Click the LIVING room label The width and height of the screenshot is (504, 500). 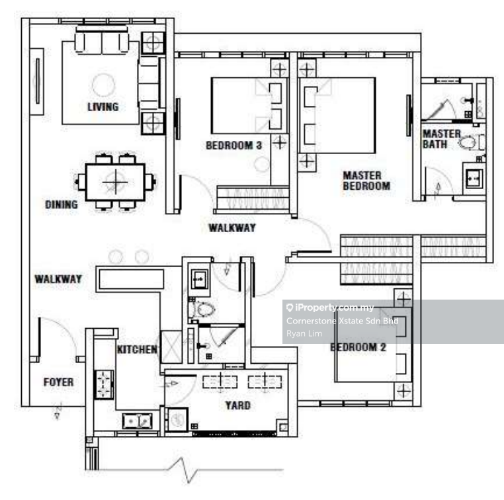(103, 106)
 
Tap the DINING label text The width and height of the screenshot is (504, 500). (62, 205)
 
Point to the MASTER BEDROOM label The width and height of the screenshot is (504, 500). (366, 181)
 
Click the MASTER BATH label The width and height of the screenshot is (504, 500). (441, 139)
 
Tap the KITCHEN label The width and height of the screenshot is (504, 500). (137, 349)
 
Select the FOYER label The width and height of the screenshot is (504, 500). (58, 382)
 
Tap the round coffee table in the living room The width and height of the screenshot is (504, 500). (103, 85)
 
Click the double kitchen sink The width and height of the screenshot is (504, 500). (136, 421)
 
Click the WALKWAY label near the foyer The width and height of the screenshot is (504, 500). (58, 279)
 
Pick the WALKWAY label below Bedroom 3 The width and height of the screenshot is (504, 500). (232, 228)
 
